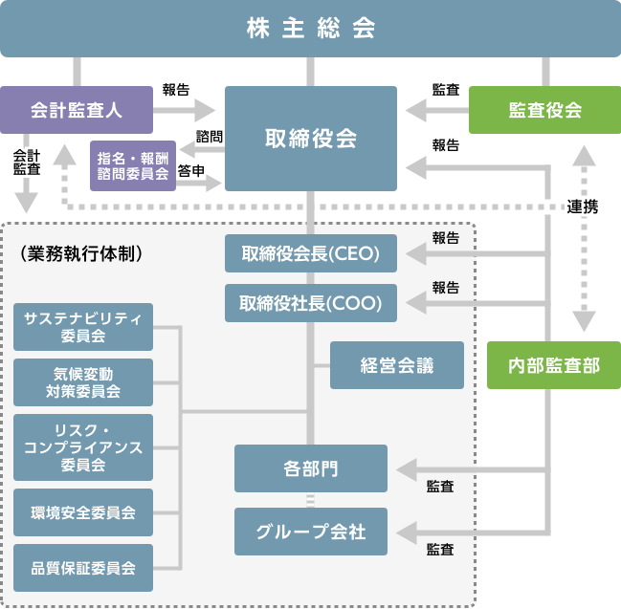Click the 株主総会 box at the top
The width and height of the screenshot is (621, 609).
coord(310,29)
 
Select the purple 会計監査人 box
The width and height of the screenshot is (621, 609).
coord(77,110)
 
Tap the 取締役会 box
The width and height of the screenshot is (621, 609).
coord(311,139)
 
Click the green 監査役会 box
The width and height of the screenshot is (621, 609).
coord(544,110)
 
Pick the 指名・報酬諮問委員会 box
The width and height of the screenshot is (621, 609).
coord(133,165)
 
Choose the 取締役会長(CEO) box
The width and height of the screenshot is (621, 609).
coord(311,254)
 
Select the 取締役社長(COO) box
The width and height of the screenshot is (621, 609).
coord(311,303)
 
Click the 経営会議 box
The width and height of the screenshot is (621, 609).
coord(397,365)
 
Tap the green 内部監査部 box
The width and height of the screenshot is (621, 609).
coord(544,365)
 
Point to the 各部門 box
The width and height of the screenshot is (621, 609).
coord(311,468)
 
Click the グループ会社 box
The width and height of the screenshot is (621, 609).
coord(311,532)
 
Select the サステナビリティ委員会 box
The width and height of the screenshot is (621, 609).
coord(83,327)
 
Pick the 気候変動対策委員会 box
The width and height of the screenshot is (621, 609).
coord(83,381)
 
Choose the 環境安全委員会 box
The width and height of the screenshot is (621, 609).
coord(83,512)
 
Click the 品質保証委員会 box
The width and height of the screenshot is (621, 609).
coord(83,568)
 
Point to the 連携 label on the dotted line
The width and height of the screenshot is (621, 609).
coord(583,207)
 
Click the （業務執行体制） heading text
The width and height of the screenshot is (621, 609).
coord(81,254)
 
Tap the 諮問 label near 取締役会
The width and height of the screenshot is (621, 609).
coord(209,137)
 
